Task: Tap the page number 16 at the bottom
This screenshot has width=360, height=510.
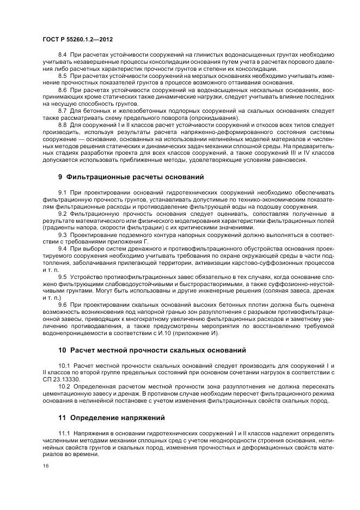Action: click(46, 466)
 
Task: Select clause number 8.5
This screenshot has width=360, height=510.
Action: click(62, 76)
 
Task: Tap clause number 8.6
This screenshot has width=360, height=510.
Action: click(62, 89)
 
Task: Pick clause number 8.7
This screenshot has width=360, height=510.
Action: click(62, 109)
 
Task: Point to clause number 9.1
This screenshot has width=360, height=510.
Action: click(62, 193)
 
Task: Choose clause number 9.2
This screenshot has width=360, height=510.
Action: click(62, 214)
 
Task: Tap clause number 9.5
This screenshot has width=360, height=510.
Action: click(62, 277)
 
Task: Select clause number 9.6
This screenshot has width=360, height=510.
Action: click(62, 303)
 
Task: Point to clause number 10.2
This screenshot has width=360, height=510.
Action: click(64, 386)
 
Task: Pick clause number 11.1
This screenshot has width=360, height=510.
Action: click(64, 433)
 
